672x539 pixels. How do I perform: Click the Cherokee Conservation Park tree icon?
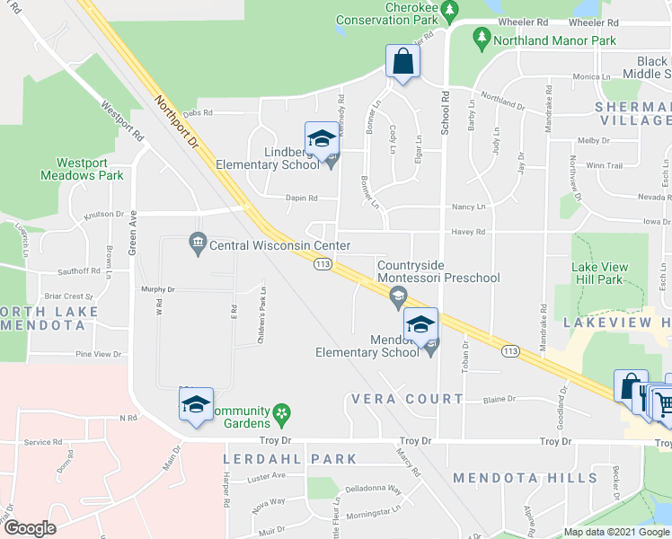point(450,10)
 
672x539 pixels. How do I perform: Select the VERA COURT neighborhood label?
point(407,398)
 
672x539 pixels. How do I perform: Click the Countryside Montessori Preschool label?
point(438,271)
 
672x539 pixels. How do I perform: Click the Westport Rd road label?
point(122,122)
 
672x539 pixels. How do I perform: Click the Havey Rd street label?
point(468,232)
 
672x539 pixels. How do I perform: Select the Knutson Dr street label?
point(104,214)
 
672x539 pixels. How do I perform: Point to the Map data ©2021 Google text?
point(615,532)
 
